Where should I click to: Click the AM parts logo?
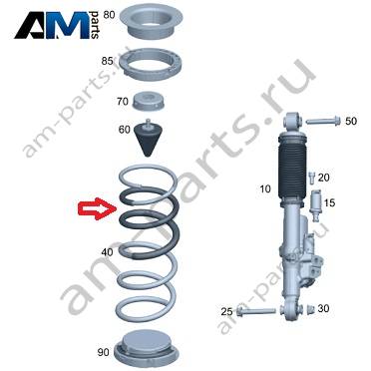[57, 25]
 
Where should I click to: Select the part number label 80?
[109, 15]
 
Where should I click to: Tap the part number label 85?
[107, 61]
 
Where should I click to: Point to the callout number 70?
[123, 101]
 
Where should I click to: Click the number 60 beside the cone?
[125, 129]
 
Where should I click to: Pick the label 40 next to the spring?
[107, 252]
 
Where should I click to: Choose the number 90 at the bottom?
[104, 351]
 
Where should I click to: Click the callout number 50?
[351, 121]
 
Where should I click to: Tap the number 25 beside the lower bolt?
[227, 312]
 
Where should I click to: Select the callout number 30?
[323, 308]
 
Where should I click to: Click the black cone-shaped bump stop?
[147, 138]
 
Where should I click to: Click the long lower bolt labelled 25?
[256, 311]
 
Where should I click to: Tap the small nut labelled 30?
[311, 309]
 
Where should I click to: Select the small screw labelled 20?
[311, 177]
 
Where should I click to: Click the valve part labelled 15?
[315, 205]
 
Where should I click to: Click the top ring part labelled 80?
[151, 22]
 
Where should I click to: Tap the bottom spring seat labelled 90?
[146, 349]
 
